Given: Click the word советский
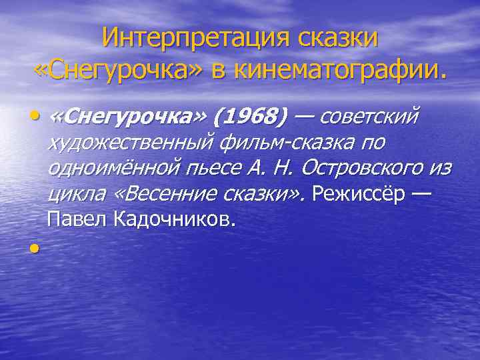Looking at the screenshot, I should coord(370,118).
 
